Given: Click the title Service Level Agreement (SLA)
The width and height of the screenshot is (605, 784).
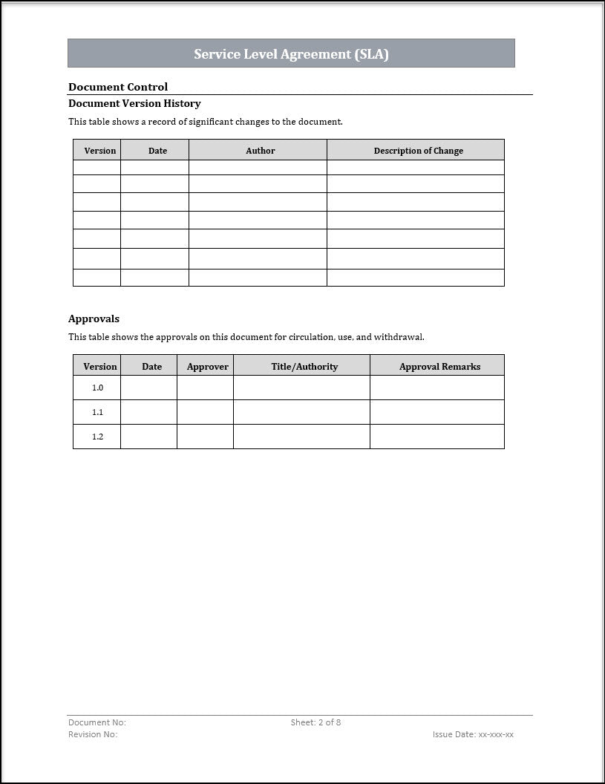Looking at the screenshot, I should (291, 54).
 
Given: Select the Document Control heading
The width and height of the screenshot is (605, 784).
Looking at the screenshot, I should (118, 87).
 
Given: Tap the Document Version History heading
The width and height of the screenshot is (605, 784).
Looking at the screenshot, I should (134, 103).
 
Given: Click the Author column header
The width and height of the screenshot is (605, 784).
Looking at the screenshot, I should (260, 151).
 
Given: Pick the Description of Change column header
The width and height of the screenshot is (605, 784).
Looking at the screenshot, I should (418, 151).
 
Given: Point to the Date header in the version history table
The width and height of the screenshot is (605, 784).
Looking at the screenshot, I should (157, 151).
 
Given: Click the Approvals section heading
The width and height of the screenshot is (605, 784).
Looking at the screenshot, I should (94, 318).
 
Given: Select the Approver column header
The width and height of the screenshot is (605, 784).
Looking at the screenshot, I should (207, 366).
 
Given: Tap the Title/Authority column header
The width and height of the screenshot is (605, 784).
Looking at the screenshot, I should (304, 366).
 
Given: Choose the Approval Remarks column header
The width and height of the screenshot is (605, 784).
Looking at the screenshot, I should (439, 366).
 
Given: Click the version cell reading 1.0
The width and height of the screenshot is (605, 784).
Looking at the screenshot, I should (97, 388).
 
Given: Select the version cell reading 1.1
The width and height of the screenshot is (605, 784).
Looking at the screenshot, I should (97, 412).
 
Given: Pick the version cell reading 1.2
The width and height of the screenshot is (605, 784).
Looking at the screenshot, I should (97, 437).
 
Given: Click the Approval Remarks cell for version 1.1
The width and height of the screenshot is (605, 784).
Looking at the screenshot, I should (436, 412).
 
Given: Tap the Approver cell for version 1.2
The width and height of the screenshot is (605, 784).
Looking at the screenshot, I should (205, 437).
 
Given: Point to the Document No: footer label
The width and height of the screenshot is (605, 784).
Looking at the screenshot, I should (97, 722).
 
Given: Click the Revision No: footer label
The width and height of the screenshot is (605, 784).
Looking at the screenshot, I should (93, 734).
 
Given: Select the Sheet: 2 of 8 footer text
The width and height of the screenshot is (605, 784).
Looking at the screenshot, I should (315, 722).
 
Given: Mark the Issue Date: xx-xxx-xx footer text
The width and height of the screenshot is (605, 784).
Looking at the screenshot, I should (473, 734).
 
